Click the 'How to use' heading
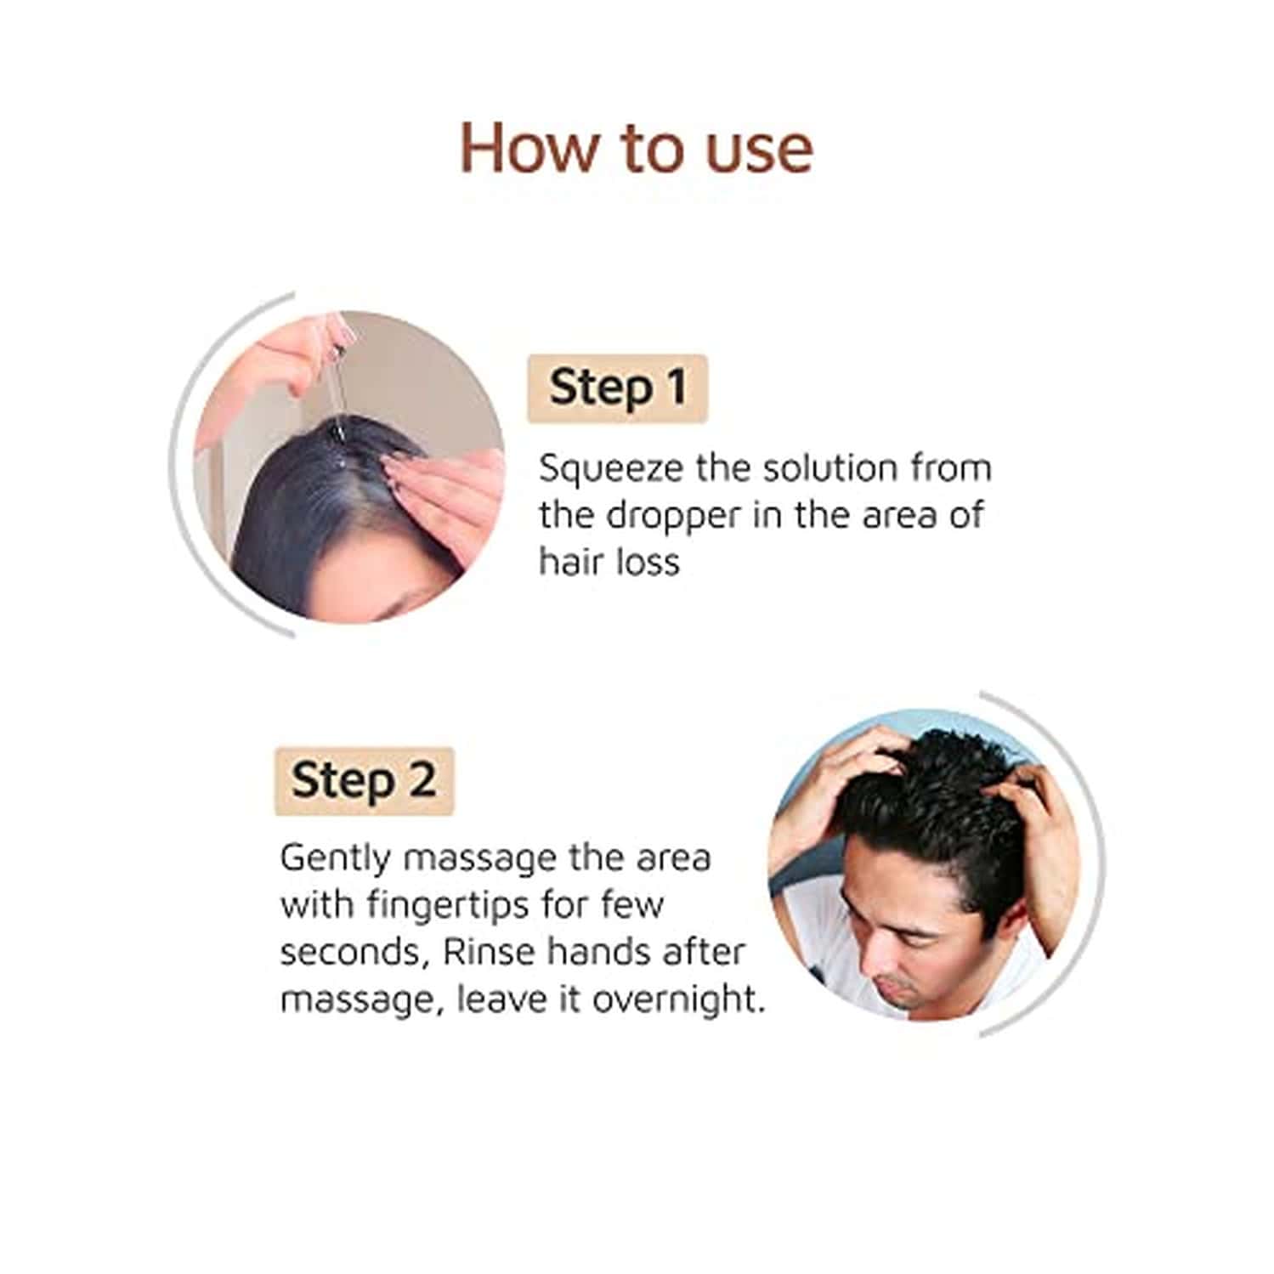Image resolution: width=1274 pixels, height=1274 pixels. (x=636, y=149)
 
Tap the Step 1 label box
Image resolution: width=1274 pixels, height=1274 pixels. (x=617, y=388)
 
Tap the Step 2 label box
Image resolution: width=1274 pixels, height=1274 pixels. (x=364, y=781)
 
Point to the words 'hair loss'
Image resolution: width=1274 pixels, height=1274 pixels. (x=609, y=562)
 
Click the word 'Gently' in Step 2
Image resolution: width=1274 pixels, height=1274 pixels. (x=335, y=858)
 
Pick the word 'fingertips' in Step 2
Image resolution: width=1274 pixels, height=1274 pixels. (x=449, y=905)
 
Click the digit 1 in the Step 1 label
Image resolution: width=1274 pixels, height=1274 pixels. (x=677, y=388)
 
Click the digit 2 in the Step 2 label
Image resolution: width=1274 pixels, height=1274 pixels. (x=422, y=780)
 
